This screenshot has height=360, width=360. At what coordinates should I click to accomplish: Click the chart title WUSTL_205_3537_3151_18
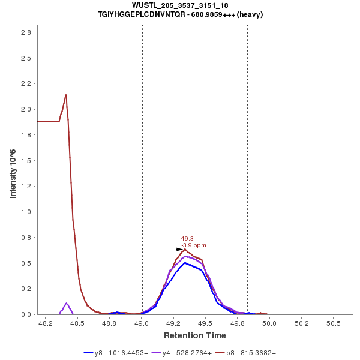pyautogui.click(x=180, y=5)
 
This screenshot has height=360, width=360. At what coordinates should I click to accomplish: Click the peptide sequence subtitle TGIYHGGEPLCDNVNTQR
pyautogui.click(x=180, y=14)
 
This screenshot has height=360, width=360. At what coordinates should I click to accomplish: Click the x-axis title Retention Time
pyautogui.click(x=195, y=335)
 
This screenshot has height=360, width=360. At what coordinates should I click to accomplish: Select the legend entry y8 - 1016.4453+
pyautogui.click(x=120, y=353)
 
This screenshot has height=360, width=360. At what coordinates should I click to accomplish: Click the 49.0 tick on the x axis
pyautogui.click(x=142, y=323)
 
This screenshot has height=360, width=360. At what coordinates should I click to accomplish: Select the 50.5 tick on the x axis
pyautogui.click(x=334, y=323)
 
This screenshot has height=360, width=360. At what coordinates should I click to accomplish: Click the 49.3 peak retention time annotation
pyautogui.click(x=187, y=238)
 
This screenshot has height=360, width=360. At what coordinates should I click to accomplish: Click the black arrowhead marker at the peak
pyautogui.click(x=179, y=249)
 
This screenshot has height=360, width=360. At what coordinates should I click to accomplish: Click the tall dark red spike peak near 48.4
pyautogui.click(x=66, y=95)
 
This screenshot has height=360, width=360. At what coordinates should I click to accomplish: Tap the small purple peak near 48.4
pyautogui.click(x=66, y=303)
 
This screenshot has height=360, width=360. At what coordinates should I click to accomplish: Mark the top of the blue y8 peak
pyautogui.click(x=185, y=263)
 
